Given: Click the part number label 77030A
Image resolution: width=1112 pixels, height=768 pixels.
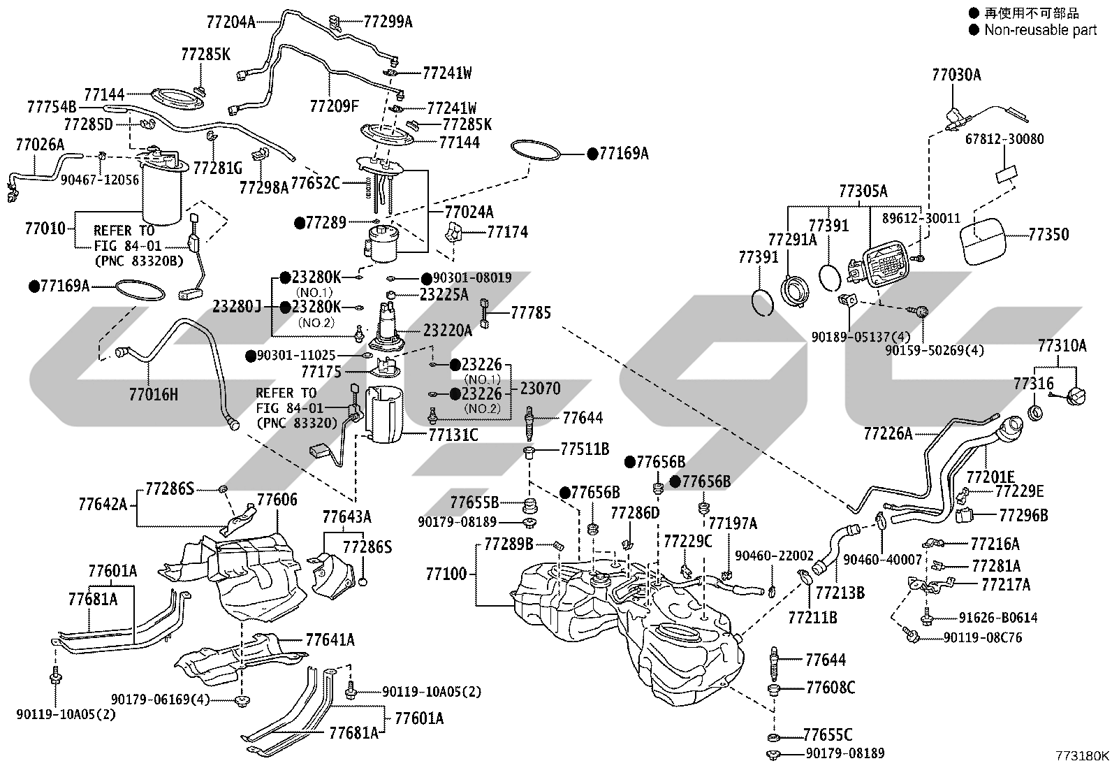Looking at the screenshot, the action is coord(956,75).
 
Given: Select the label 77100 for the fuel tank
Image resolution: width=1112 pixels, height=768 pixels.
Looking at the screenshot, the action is coord(446,574).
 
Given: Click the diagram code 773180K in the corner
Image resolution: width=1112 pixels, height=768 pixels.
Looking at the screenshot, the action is coord(1082,755).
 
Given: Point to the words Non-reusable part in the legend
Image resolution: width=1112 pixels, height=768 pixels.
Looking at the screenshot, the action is coord(1041,30).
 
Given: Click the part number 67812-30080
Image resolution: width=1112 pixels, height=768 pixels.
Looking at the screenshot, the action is coord(1004,139).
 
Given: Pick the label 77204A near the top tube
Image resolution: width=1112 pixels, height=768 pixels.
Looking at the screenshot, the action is coord(231,22).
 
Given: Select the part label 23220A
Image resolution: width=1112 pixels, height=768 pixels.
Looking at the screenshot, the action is coord(447,331).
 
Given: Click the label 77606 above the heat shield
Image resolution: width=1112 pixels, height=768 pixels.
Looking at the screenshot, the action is coord(277,499).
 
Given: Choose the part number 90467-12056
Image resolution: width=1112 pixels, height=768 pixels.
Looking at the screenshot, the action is coord(100,180).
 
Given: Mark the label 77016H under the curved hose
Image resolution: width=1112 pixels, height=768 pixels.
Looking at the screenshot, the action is coord(154,394).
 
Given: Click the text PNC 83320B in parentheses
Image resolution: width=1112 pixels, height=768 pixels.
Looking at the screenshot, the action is coord(138,261).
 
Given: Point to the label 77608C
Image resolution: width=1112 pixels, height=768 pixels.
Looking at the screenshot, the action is coord(831,688).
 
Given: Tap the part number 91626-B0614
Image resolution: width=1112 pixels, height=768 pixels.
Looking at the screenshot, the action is coord(998,618).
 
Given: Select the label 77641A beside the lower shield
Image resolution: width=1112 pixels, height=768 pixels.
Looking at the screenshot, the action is coord(330,640).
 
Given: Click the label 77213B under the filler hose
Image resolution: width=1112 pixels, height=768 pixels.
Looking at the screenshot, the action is coord(840,593).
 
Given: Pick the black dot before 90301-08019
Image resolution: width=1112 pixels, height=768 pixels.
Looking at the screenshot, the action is coord(427,279).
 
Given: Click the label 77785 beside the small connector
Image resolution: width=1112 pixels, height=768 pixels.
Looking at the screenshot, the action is coord(531,312).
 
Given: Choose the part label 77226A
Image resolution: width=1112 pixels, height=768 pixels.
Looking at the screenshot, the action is coord(888,434).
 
